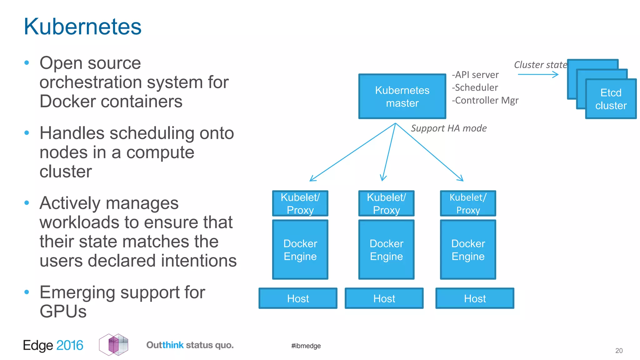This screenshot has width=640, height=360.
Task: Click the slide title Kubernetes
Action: [82, 27]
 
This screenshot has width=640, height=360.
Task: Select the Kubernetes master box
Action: [402, 97]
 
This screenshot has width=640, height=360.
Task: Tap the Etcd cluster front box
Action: [611, 99]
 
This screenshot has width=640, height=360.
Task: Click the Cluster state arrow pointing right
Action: [538, 74]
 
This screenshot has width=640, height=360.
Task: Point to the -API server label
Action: [475, 75]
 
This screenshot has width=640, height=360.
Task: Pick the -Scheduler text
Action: [475, 87]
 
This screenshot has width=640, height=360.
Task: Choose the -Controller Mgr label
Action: [485, 100]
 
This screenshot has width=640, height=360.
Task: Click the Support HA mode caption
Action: [448, 128]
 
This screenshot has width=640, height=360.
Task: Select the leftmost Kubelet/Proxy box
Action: [300, 203]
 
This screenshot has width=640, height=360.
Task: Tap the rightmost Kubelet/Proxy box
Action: [468, 203]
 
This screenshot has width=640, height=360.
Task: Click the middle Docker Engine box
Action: [386, 250]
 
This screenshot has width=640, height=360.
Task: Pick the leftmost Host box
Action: [298, 298]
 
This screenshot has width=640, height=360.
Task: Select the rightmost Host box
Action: [475, 298]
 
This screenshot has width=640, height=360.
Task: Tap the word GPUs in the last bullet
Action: [63, 312]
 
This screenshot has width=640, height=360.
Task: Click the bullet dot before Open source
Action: [27, 63]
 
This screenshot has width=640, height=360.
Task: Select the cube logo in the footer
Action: [114, 345]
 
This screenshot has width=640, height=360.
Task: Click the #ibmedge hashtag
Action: [306, 346]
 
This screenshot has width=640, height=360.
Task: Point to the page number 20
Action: [619, 351]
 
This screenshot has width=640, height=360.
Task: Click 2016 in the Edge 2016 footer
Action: [70, 345]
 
